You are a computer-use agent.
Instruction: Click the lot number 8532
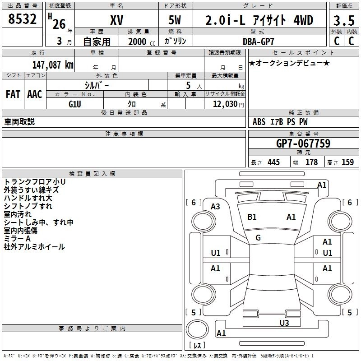tap(23, 20)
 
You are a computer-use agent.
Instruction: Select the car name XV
tap(116, 20)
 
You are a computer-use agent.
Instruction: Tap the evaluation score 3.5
tap(343, 20)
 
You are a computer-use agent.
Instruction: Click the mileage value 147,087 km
tap(53, 65)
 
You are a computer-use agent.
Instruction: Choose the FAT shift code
tap(13, 94)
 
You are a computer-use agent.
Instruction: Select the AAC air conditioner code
tap(35, 94)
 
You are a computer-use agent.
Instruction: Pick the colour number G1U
tap(75, 104)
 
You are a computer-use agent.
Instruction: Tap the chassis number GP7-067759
tap(303, 143)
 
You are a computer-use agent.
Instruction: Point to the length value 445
tap(273, 162)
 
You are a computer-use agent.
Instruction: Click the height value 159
tap(347, 162)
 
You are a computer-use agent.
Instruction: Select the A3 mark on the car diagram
tap(216, 207)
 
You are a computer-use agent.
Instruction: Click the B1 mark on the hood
tap(252, 217)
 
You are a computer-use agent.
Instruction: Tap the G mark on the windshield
tap(258, 238)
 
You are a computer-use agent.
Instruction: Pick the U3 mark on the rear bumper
tap(284, 323)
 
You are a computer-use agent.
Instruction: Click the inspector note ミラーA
tap(17, 239)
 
